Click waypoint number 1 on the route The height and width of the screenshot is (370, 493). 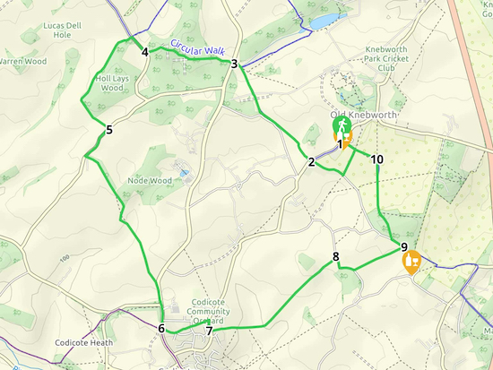click(x=340, y=143)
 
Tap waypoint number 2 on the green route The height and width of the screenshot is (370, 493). click(x=311, y=162)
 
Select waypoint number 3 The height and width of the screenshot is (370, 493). click(x=234, y=64)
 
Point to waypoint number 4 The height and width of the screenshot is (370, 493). click(x=144, y=52)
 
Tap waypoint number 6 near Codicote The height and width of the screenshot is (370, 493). click(x=161, y=329)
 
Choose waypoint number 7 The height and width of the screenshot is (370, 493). click(x=209, y=331)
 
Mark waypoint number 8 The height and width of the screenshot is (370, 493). click(x=336, y=257)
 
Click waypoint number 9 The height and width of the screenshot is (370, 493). click(x=404, y=247)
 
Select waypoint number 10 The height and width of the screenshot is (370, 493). click(x=376, y=159)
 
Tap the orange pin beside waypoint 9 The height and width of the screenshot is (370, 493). click(x=412, y=262)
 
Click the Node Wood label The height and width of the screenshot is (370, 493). click(x=150, y=180)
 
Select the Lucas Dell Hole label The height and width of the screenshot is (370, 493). click(x=62, y=31)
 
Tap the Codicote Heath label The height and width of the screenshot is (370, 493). click(x=83, y=342)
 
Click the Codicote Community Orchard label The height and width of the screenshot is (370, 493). click(x=212, y=312)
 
